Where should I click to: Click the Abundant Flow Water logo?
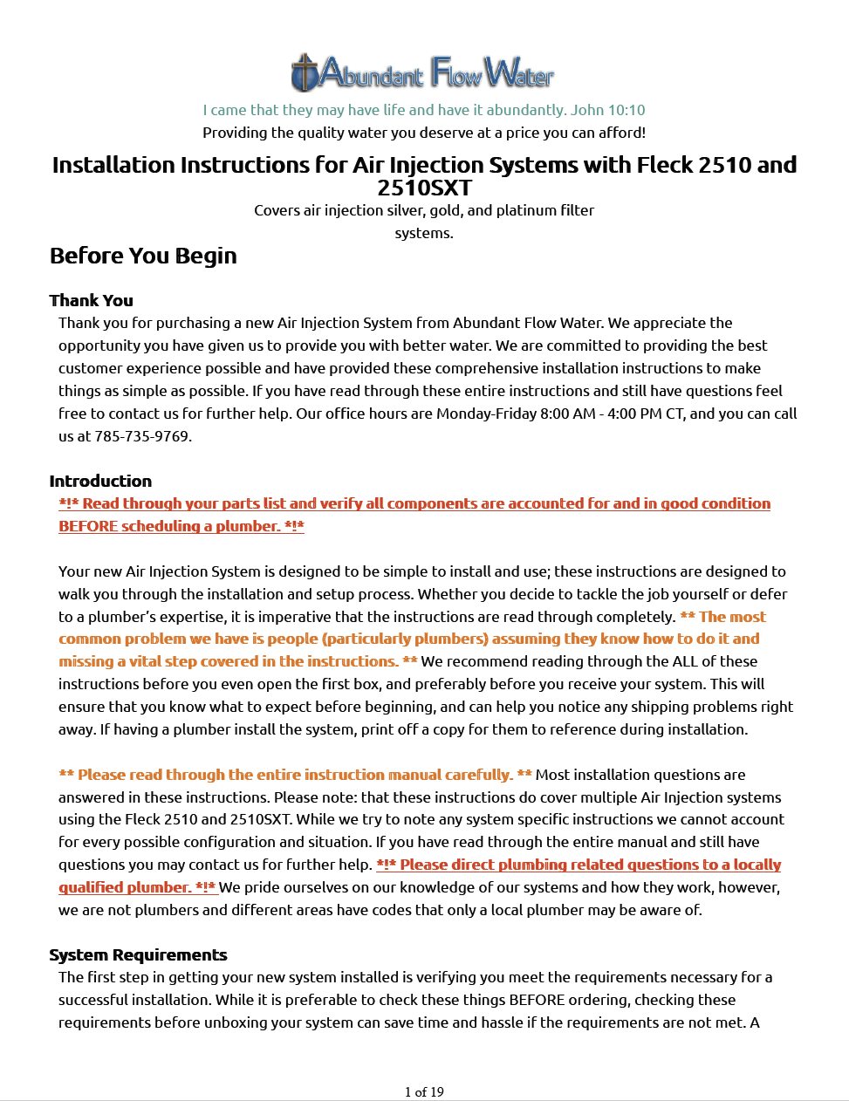tap(423, 73)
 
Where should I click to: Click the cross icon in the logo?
tap(304, 73)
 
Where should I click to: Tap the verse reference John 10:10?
tap(608, 110)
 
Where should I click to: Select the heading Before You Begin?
tap(143, 256)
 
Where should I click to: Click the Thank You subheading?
tap(91, 300)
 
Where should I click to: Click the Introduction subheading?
tap(100, 481)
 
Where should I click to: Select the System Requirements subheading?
tap(138, 954)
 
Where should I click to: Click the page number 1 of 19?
tap(424, 1091)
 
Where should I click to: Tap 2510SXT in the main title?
tap(424, 188)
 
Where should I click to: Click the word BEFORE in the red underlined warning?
tap(87, 526)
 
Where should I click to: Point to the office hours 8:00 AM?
tap(567, 414)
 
